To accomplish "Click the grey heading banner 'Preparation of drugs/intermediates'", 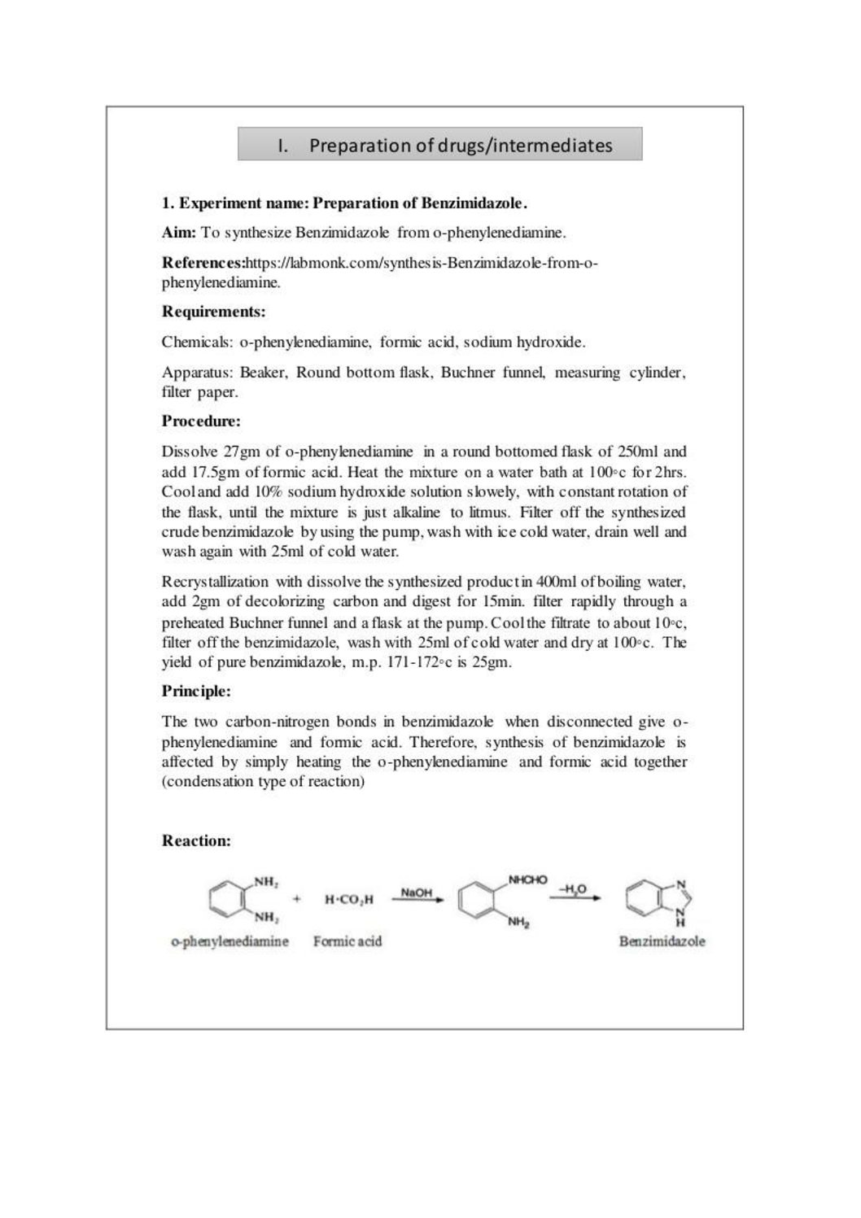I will pyautogui.click(x=439, y=145).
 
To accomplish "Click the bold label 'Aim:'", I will pyautogui.click(x=179, y=233).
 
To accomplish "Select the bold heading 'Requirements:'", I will pyautogui.click(x=214, y=312).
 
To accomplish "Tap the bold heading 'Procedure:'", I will pyautogui.click(x=201, y=421).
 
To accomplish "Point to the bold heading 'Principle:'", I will pyautogui.click(x=196, y=691).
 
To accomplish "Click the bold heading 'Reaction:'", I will pyautogui.click(x=196, y=840).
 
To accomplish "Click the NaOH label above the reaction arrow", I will pyautogui.click(x=416, y=893).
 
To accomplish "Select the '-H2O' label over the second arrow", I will pyautogui.click(x=571, y=889).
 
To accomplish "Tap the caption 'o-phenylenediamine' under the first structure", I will pyautogui.click(x=229, y=941).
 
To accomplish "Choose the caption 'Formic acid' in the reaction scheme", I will pyautogui.click(x=347, y=941).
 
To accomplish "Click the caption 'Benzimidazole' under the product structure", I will pyautogui.click(x=662, y=941).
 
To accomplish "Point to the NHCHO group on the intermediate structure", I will pyautogui.click(x=527, y=880).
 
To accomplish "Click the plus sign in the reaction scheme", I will pyautogui.click(x=297, y=899).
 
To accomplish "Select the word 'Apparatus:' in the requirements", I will pyautogui.click(x=198, y=373).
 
